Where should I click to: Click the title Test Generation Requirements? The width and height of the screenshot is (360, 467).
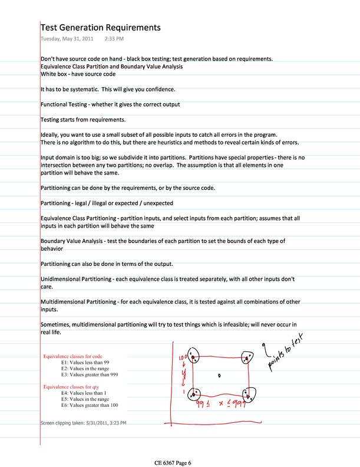pos(100,28)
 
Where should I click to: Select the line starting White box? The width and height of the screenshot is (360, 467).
pos(78,74)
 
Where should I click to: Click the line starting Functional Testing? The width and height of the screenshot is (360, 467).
pos(110,104)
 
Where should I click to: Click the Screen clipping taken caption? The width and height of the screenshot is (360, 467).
pos(83,423)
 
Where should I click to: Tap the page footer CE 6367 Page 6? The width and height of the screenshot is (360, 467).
pos(180,463)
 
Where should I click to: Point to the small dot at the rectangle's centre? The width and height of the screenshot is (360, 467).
pos(219,374)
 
